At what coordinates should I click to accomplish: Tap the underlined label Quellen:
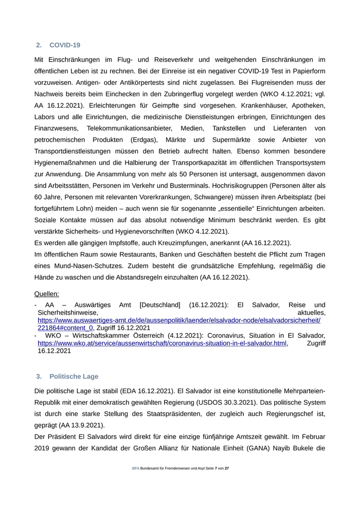coord(47,294)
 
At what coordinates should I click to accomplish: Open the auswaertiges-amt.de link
coord(178,320)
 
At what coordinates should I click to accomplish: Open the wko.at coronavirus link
coord(162,343)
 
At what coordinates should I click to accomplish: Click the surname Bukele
coord(305,448)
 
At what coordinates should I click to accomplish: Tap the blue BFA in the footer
coord(135,483)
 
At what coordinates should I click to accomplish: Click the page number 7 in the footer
coord(216,483)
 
